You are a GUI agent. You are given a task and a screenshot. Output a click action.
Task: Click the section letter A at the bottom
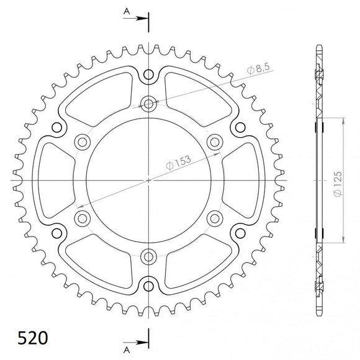[126, 340]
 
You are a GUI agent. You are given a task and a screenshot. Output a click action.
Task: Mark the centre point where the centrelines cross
[149, 180]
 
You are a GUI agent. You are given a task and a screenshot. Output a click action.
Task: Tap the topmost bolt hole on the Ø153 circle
[149, 103]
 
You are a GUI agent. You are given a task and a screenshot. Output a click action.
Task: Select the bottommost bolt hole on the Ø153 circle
[149, 256]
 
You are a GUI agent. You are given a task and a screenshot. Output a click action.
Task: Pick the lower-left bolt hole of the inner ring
[82, 218]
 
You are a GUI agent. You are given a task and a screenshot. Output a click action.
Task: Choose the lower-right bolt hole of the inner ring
[215, 218]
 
